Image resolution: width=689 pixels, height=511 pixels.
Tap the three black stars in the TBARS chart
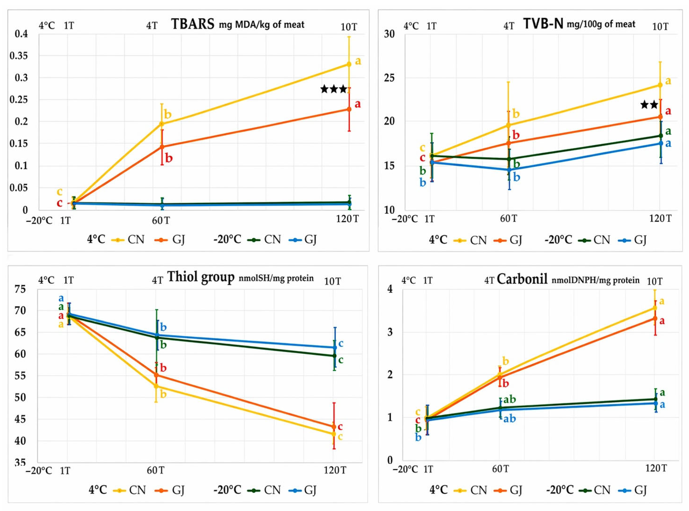[334, 89]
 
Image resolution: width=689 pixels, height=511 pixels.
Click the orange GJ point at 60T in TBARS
[162, 147]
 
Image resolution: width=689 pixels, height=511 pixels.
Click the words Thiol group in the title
[201, 277]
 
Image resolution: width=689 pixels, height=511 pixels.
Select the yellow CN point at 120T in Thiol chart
[334, 434]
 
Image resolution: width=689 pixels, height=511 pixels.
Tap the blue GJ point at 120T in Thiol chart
[335, 348]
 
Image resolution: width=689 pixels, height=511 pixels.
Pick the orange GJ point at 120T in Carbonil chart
[655, 318]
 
